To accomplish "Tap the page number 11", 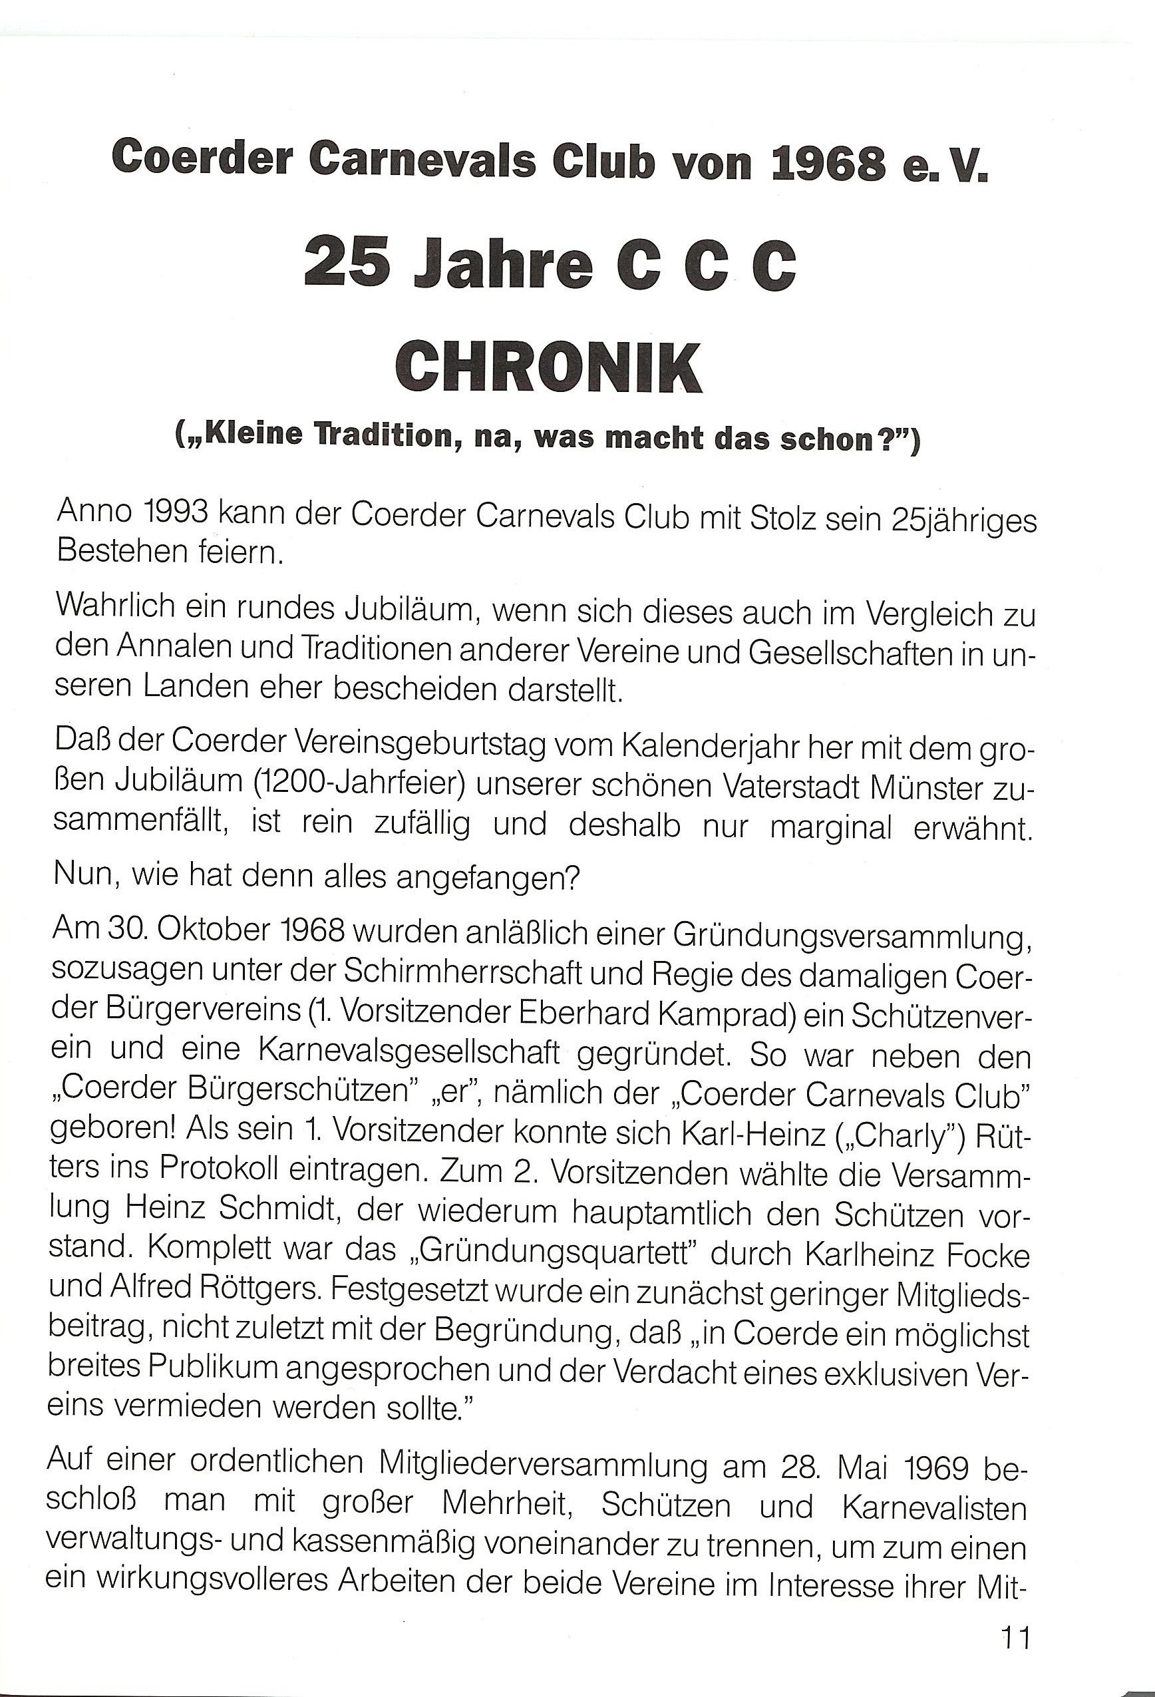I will click(1015, 1637).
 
